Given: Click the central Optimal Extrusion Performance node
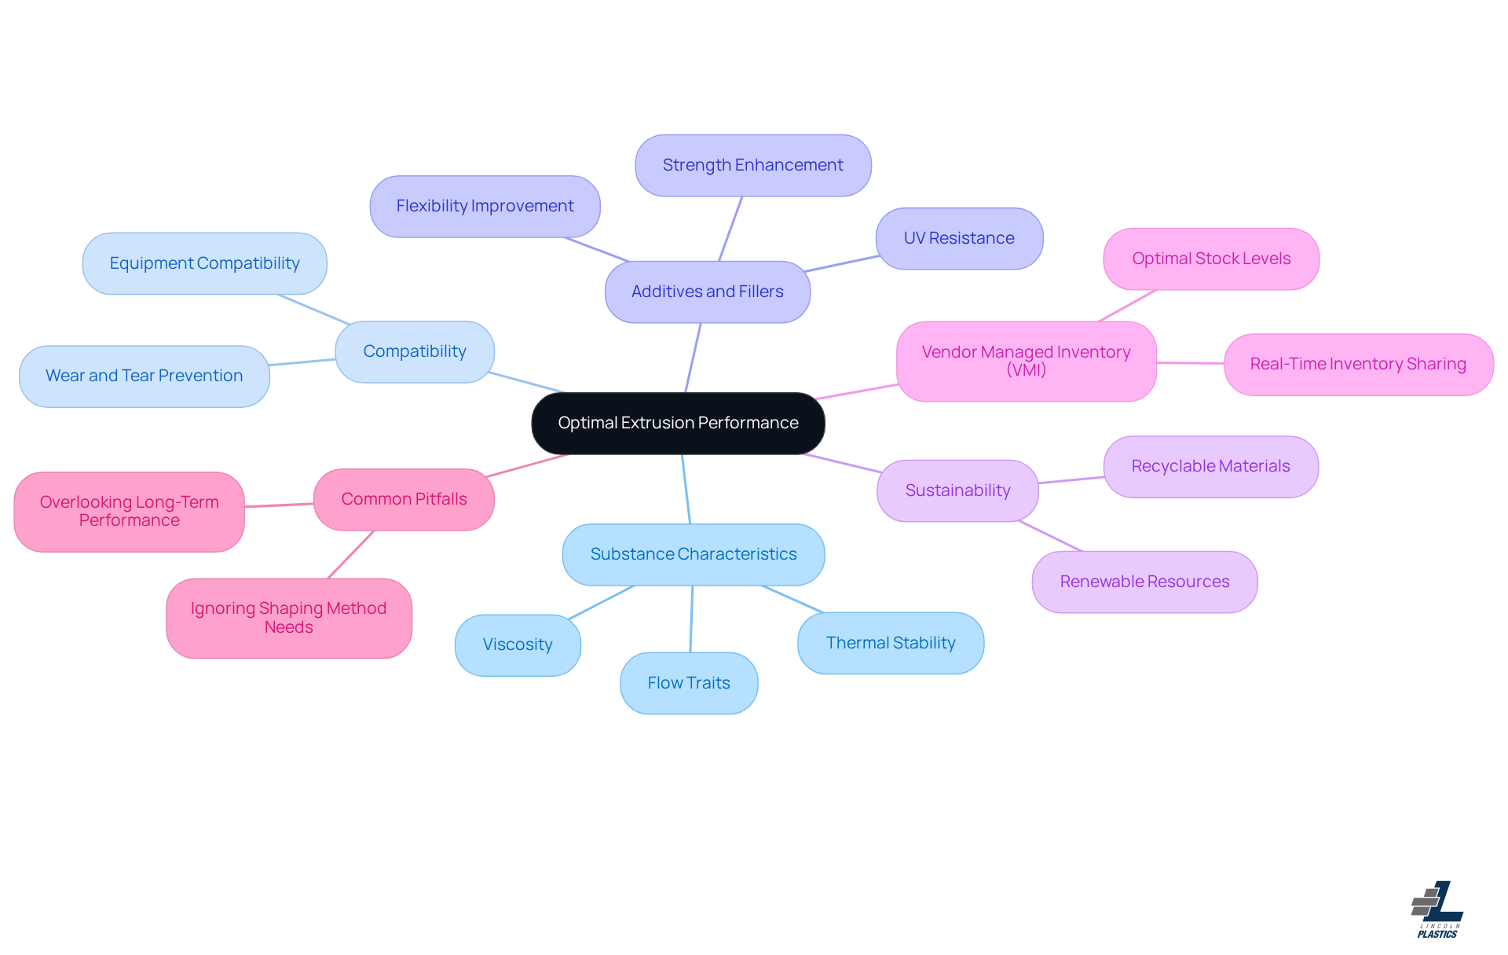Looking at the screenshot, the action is tap(678, 423).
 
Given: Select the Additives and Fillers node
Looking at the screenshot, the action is tap(707, 292).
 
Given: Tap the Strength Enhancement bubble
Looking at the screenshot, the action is tap(752, 165).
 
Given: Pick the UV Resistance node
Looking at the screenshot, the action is tap(958, 238).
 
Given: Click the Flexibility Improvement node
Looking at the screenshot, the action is tap(485, 206).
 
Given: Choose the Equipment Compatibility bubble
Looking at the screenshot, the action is tap(204, 263).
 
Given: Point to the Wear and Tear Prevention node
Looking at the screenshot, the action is tap(144, 376).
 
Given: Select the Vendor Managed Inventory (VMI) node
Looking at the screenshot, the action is tap(1026, 361).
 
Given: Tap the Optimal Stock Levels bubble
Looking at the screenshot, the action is tap(1210, 259).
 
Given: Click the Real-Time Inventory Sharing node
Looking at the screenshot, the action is tap(1357, 364).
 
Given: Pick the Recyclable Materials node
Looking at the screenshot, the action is tap(1210, 466).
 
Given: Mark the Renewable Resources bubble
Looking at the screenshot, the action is tap(1144, 582).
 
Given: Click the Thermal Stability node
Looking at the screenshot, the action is tap(890, 643).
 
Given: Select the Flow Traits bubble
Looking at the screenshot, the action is tap(688, 683).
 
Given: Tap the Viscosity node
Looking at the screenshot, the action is tap(517, 645).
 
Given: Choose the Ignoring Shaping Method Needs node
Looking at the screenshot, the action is tap(288, 618).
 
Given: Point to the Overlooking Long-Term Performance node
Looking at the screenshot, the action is tap(129, 511).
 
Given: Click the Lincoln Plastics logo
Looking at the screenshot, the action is tap(1437, 909).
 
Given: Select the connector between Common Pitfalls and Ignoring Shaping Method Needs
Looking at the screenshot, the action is tap(351, 554).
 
